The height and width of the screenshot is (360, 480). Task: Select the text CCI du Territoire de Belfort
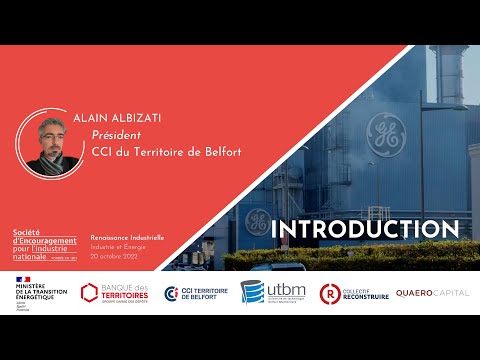(160, 152)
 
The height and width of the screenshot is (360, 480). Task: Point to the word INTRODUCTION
(365, 228)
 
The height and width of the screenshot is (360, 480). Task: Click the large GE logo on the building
(384, 131)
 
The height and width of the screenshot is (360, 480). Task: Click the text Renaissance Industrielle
(127, 237)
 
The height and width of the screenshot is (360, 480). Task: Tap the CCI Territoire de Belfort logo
(196, 294)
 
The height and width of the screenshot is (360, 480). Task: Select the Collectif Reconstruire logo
(351, 294)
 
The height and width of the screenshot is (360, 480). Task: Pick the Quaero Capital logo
(431, 293)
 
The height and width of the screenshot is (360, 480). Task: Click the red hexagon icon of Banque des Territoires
(90, 294)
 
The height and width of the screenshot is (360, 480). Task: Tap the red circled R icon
(329, 294)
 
